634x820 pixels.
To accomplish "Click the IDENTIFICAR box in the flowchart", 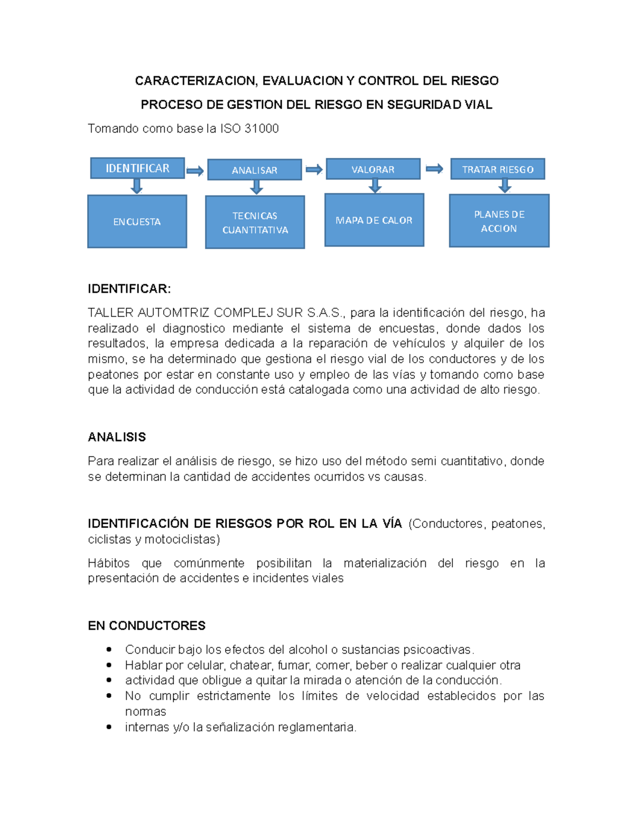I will point(137,168).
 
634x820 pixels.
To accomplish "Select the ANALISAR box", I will point(254,170).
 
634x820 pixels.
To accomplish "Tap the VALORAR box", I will point(373,169).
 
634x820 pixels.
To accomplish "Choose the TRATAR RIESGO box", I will point(497,169).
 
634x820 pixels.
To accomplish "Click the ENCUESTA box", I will point(137,222).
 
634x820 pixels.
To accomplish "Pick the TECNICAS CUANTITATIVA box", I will point(255,222).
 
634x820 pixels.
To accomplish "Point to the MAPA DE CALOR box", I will point(374,220).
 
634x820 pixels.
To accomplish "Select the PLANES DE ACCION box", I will point(499,221).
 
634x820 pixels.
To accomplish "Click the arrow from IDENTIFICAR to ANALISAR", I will point(195,171).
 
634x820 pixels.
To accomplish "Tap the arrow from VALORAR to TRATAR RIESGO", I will point(434,169).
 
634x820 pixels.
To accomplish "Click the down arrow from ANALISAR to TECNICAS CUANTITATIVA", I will point(256,187).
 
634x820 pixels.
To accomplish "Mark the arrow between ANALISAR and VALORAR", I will point(314,169).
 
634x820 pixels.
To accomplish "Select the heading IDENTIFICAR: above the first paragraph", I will point(129,289).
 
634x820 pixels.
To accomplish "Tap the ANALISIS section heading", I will point(117,437).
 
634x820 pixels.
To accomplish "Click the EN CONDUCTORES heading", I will point(146,626).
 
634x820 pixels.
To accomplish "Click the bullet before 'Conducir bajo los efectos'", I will point(109,649).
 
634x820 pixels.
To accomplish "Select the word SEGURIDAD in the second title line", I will point(423,105).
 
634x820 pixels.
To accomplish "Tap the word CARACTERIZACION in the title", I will point(195,81).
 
